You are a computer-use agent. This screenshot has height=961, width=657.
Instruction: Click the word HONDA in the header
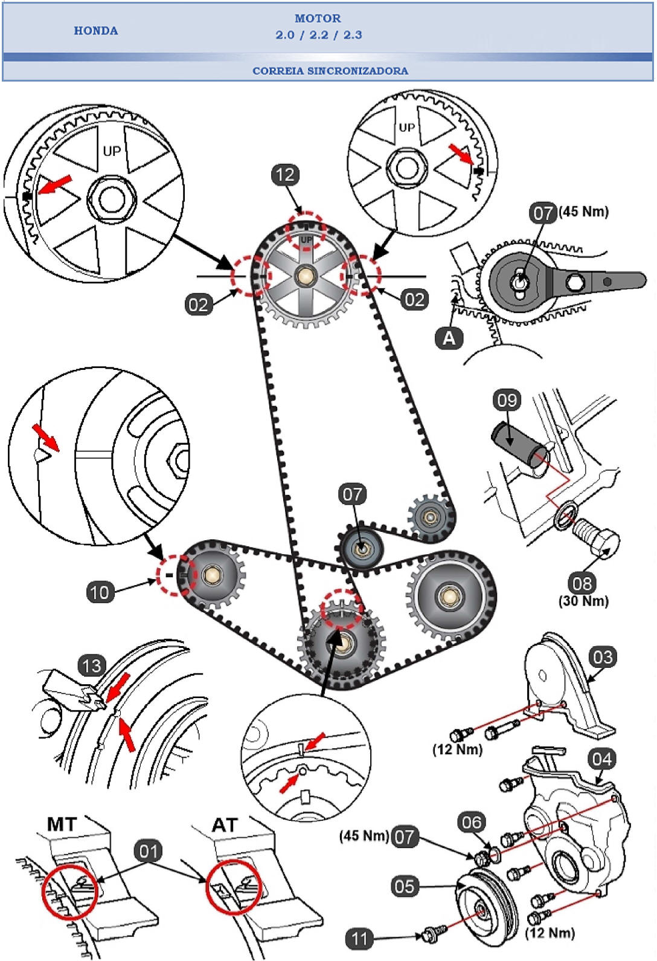(95, 31)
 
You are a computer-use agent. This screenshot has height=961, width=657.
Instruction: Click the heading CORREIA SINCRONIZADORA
(330, 71)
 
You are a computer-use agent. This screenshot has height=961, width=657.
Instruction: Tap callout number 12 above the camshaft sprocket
(285, 175)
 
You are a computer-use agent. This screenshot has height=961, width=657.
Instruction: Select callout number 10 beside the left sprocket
(100, 592)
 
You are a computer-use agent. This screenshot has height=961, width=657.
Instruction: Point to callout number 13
(92, 666)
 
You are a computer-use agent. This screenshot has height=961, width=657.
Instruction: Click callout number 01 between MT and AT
(149, 851)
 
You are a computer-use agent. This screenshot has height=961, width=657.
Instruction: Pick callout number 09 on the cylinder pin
(507, 400)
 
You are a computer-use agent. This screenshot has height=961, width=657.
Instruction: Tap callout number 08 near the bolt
(582, 583)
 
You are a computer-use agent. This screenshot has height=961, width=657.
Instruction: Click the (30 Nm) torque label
(583, 601)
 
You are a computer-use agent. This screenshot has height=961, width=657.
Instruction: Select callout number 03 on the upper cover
(603, 657)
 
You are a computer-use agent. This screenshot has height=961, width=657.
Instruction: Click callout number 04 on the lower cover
(601, 759)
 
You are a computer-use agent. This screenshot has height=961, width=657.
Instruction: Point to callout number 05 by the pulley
(405, 887)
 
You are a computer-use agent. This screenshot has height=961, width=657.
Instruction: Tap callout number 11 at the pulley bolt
(359, 939)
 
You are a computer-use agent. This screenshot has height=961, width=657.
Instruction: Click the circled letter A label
(449, 337)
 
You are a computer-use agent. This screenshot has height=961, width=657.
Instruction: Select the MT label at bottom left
(62, 824)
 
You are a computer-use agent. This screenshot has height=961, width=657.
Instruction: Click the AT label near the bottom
(225, 825)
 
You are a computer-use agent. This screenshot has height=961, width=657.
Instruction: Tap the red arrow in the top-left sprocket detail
(55, 185)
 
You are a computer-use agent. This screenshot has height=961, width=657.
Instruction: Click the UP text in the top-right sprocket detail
(406, 128)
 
